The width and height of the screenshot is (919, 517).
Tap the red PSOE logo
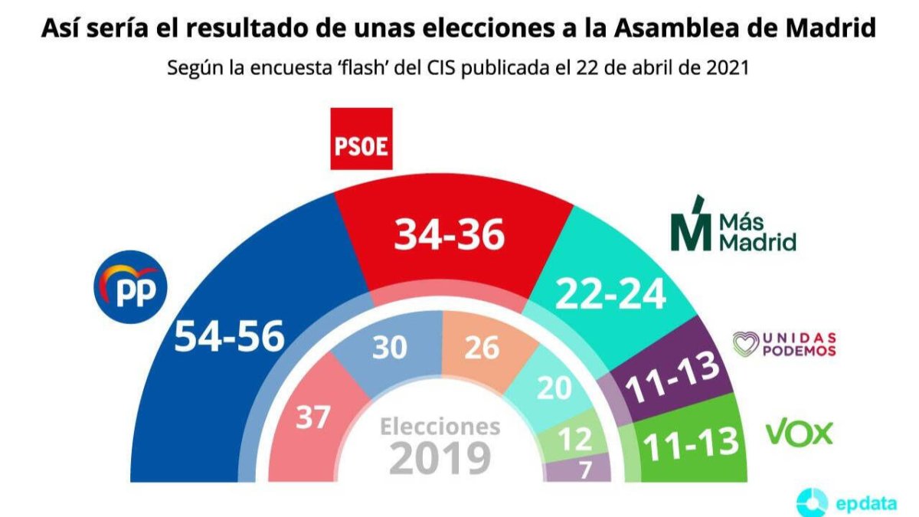(x=361, y=139)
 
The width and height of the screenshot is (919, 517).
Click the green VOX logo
(x=800, y=434)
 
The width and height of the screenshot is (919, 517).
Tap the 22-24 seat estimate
(x=610, y=293)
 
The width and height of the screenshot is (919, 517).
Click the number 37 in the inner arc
(x=313, y=417)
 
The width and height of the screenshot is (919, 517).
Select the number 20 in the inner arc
(x=554, y=388)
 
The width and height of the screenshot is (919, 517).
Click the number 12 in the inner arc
(x=575, y=440)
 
